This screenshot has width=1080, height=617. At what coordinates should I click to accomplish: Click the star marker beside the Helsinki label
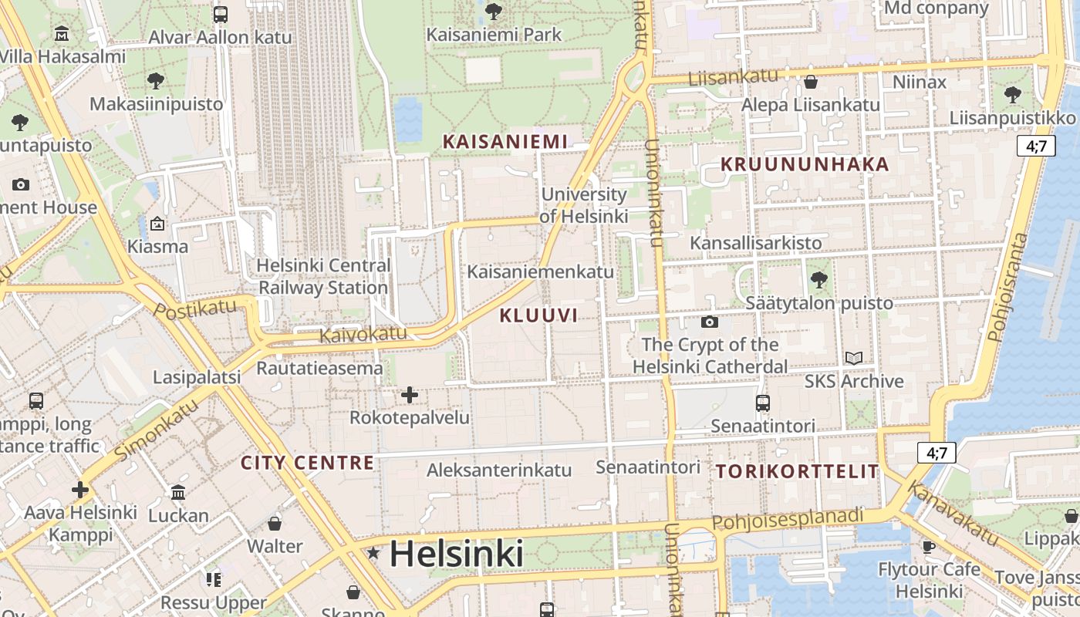(x=374, y=553)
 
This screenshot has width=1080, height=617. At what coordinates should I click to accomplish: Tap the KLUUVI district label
(x=538, y=315)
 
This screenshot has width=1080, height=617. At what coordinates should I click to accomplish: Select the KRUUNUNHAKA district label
(x=805, y=164)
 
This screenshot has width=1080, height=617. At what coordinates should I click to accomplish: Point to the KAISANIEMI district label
(x=505, y=141)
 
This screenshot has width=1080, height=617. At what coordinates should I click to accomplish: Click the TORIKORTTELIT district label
(x=798, y=471)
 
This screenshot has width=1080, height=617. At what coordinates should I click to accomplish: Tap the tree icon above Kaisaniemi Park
(x=494, y=12)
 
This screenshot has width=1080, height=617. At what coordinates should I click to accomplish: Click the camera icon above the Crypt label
(x=709, y=322)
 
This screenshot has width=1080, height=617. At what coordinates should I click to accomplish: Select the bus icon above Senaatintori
(x=762, y=403)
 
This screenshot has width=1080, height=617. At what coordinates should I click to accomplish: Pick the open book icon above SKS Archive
(x=853, y=358)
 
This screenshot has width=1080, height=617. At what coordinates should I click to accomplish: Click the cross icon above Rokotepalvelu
(x=410, y=396)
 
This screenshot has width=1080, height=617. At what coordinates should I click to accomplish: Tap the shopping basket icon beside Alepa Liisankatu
(x=811, y=82)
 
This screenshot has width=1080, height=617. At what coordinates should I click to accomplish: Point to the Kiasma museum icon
(x=157, y=224)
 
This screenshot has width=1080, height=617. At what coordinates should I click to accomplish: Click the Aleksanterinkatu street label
(x=499, y=470)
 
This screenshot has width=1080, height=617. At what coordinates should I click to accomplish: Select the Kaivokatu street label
(x=363, y=334)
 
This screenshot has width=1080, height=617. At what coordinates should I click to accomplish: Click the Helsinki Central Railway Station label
(x=323, y=277)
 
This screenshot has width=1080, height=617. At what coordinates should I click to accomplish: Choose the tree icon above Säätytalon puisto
(x=819, y=280)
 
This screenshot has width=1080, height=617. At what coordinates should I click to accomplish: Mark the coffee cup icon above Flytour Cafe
(x=929, y=547)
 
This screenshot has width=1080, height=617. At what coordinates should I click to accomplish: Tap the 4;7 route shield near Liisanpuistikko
(x=1035, y=146)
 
